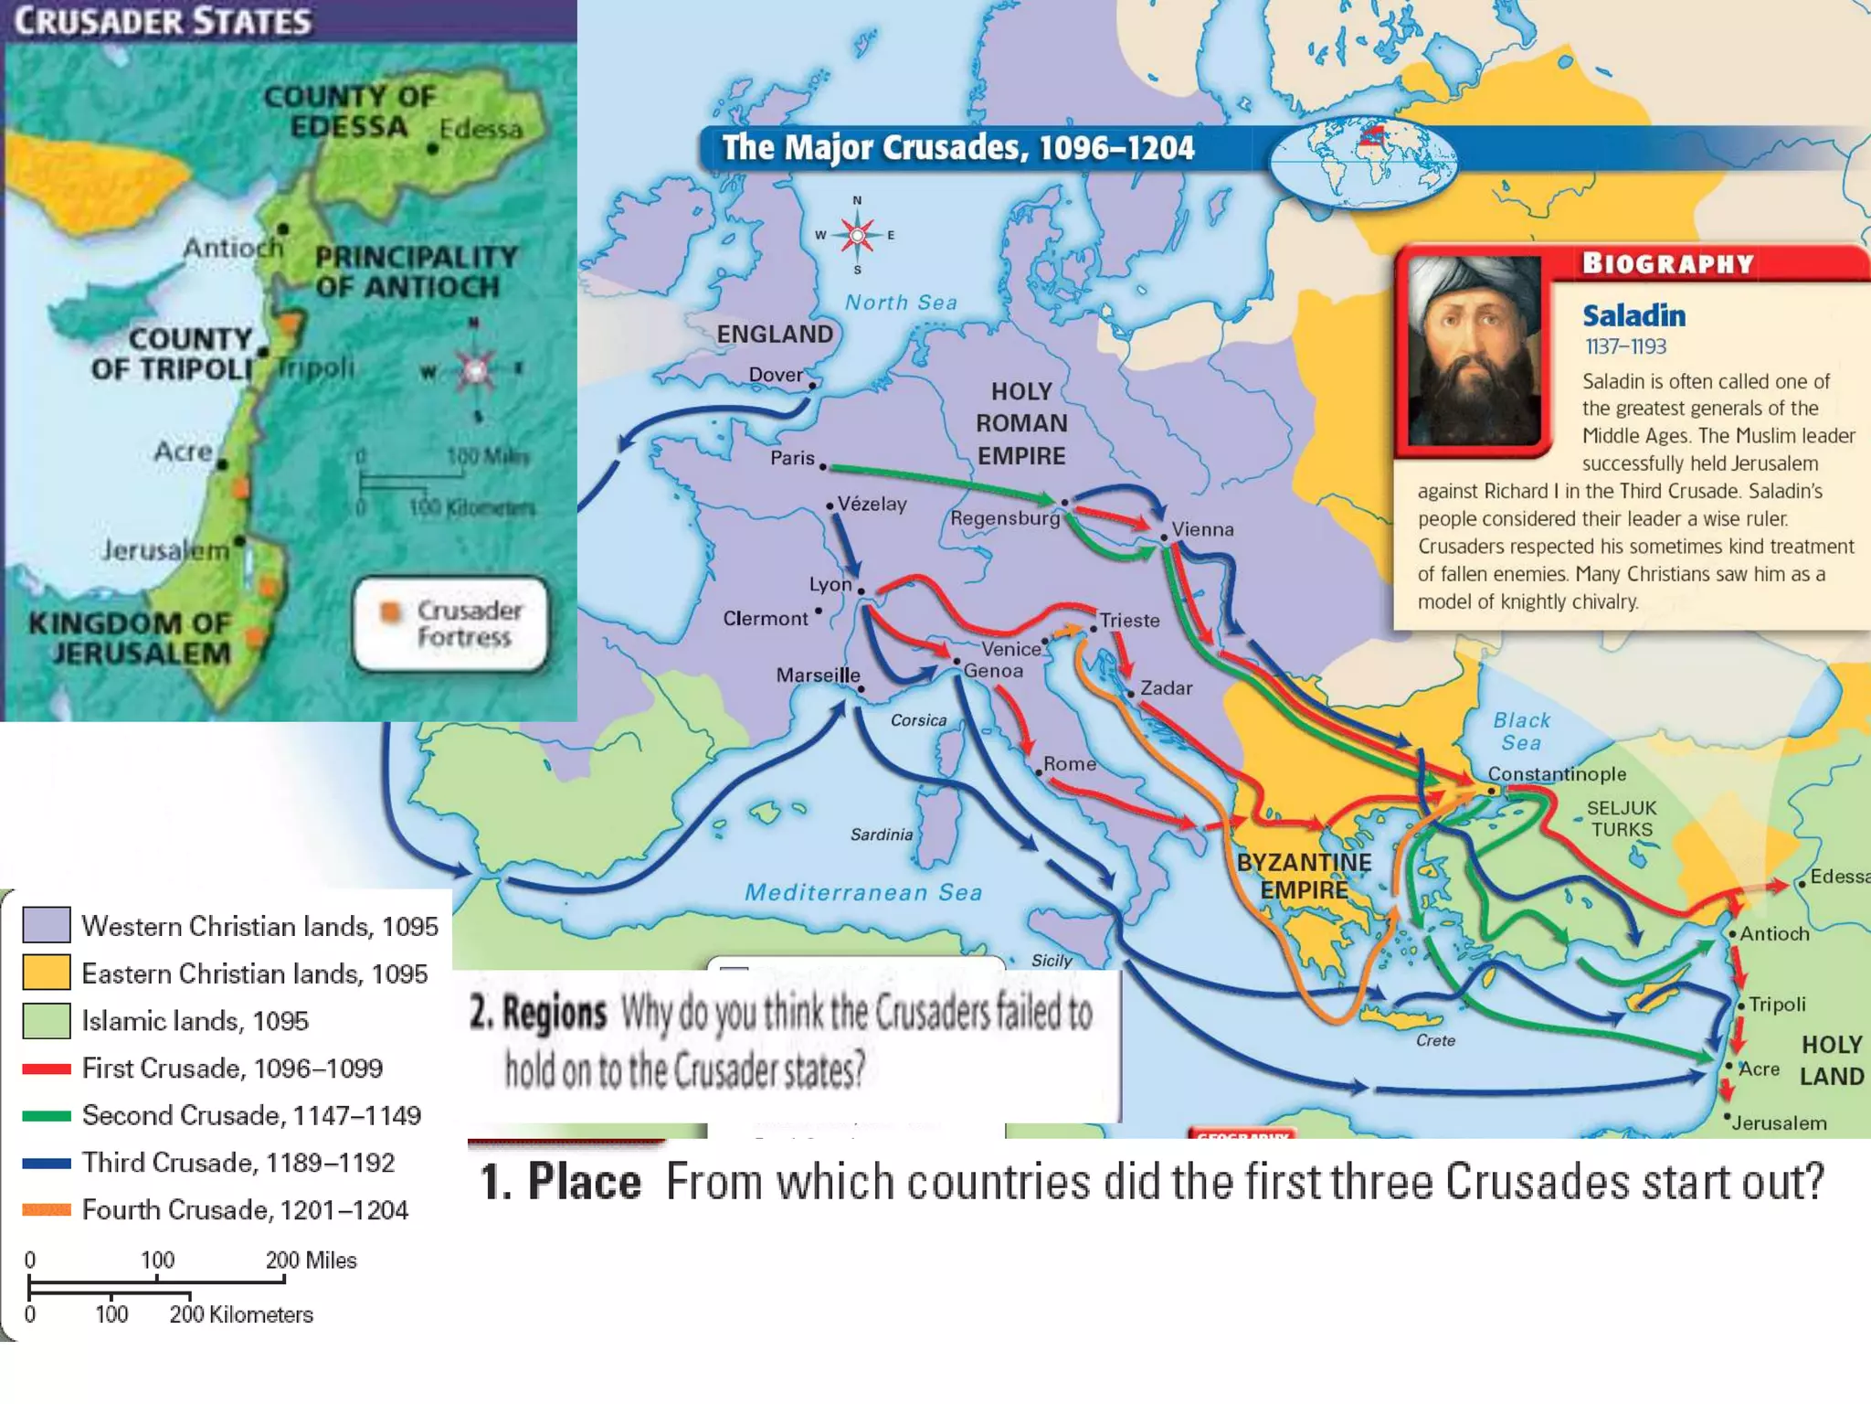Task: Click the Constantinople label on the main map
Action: [1557, 774]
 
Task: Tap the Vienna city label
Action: [1202, 529]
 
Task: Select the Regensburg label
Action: [1005, 518]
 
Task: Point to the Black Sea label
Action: [1521, 731]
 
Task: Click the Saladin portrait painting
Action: [1474, 351]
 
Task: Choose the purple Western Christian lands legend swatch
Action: [47, 925]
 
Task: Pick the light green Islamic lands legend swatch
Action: [47, 1020]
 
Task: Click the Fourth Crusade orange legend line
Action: [47, 1209]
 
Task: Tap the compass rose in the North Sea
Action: [857, 235]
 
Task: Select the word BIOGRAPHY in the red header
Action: [1668, 263]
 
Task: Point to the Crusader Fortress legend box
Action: [451, 623]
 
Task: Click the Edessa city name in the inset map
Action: [481, 129]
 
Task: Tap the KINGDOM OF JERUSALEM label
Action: [130, 638]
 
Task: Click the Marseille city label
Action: [818, 675]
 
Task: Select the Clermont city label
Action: [766, 619]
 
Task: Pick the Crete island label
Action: [1435, 1040]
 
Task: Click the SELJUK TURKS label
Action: [1622, 819]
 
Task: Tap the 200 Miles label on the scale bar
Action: [311, 1260]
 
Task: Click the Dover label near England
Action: [776, 375]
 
